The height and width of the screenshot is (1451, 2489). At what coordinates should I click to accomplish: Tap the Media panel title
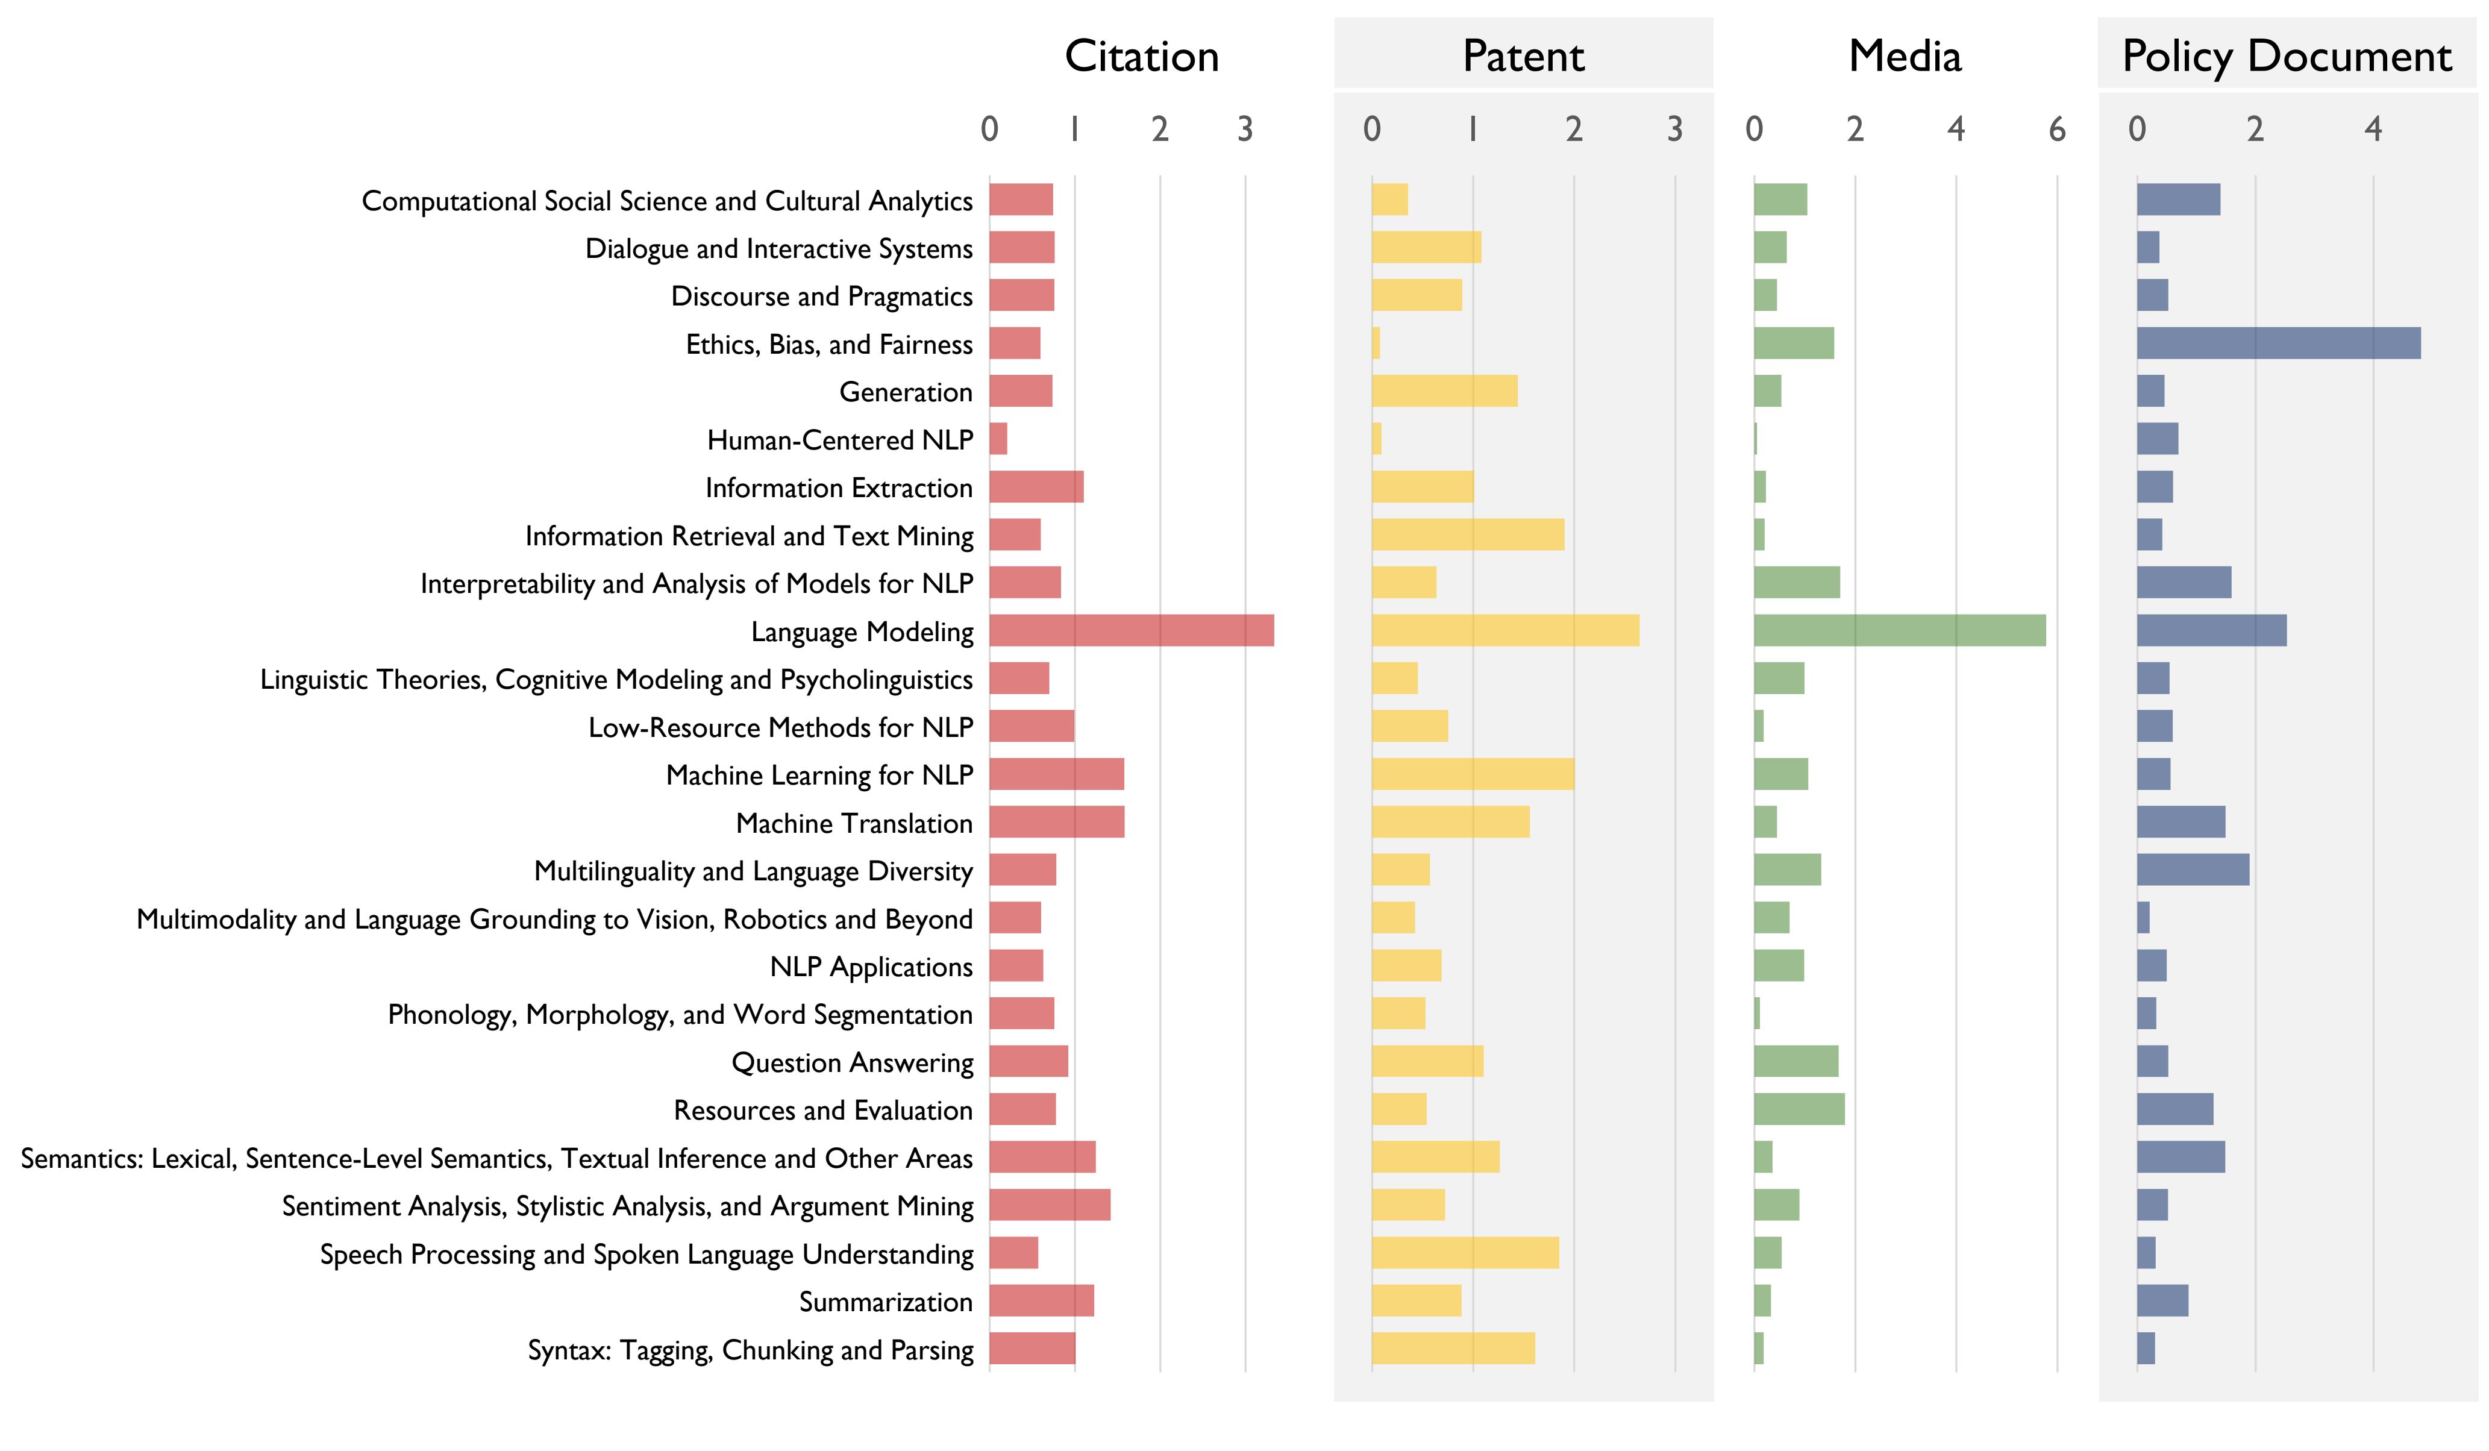tap(1905, 56)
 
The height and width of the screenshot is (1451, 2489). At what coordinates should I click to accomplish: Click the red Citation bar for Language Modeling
tap(1131, 630)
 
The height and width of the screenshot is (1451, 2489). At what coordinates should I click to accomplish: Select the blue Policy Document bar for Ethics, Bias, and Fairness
tap(2278, 343)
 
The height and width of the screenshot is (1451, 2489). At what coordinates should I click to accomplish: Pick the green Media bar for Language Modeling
tap(1899, 630)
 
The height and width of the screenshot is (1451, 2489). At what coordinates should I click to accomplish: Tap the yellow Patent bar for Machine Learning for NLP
tap(1472, 774)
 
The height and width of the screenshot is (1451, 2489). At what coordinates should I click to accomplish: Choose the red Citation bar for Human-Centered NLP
tap(998, 439)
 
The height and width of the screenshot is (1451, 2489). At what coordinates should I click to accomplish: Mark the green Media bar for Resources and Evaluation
tap(1799, 1108)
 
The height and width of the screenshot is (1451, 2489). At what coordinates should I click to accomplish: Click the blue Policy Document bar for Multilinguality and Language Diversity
tap(2192, 870)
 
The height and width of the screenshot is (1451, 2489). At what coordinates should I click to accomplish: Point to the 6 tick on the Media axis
tap(2056, 130)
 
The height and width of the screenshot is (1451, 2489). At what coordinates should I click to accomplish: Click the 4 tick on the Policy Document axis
tap(2373, 130)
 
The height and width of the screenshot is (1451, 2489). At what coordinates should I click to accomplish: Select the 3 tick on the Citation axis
tap(1245, 130)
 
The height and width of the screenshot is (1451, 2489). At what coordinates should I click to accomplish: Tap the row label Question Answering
tap(851, 1062)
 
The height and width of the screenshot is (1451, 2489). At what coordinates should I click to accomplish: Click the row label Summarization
tap(885, 1301)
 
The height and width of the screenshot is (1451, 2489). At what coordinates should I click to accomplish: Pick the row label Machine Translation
tap(853, 822)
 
